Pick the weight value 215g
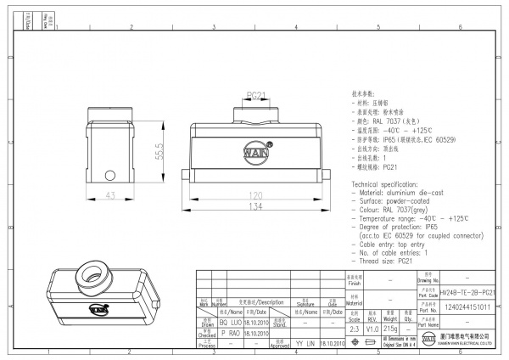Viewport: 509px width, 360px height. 390,327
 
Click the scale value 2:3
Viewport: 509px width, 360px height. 354,327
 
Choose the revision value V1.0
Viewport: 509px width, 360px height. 372,327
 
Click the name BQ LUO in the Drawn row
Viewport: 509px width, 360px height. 232,323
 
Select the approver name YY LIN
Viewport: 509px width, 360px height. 305,343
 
